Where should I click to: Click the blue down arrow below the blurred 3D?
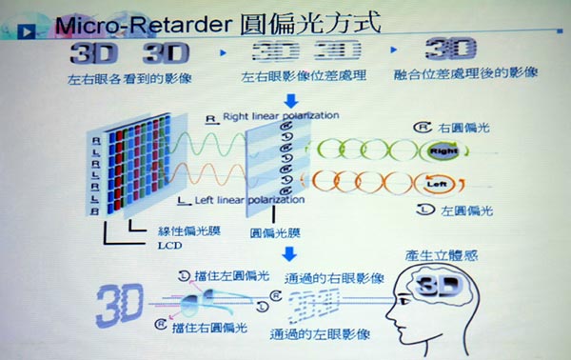pos(291,98)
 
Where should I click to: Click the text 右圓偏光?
pos(463,126)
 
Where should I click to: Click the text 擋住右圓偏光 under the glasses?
pos(204,329)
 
